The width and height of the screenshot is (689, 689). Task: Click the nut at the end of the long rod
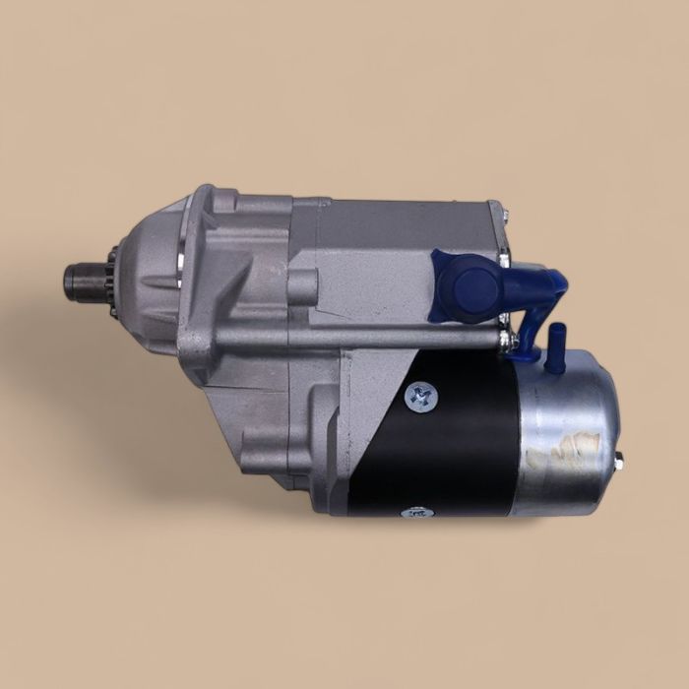point(508,340)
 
